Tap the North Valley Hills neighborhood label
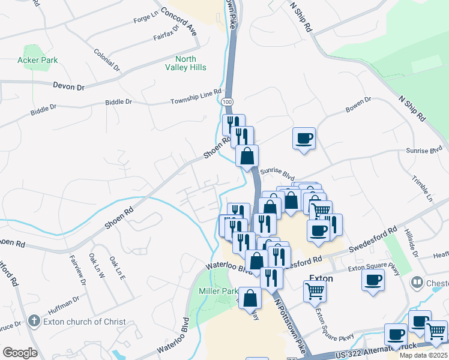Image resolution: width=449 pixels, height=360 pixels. click(x=190, y=63)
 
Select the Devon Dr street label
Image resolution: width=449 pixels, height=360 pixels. click(x=68, y=86)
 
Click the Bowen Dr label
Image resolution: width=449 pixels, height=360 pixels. click(x=358, y=104)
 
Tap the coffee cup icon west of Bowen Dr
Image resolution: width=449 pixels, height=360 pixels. click(x=304, y=139)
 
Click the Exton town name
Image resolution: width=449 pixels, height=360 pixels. click(x=321, y=278)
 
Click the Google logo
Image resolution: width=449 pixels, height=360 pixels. click(x=20, y=352)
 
